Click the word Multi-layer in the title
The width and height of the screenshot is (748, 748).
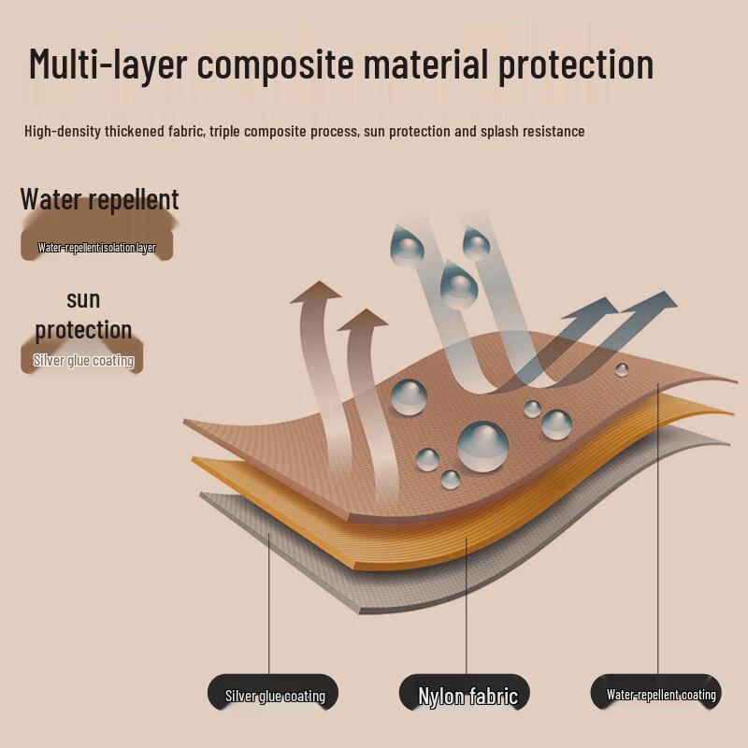pyautogui.click(x=108, y=64)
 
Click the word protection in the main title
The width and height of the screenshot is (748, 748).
pyautogui.click(x=576, y=65)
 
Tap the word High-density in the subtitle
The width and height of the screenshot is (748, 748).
pyautogui.click(x=63, y=131)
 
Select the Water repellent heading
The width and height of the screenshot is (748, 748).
pyautogui.click(x=99, y=199)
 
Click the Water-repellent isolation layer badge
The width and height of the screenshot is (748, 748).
pyautogui.click(x=97, y=247)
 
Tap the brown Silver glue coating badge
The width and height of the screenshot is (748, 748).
pyautogui.click(x=82, y=359)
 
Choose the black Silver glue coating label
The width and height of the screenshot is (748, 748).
pyautogui.click(x=273, y=693)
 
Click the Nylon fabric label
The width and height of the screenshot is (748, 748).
pyautogui.click(x=465, y=693)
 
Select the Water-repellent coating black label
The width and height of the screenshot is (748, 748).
pyautogui.click(x=656, y=693)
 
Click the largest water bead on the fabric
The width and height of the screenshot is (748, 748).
pyautogui.click(x=482, y=447)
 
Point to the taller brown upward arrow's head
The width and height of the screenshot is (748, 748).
pyautogui.click(x=316, y=292)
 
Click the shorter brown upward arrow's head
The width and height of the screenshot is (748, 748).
pyautogui.click(x=363, y=320)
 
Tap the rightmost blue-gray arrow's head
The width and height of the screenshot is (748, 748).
pyautogui.click(x=658, y=300)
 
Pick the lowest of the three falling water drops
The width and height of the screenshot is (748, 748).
pyautogui.click(x=458, y=284)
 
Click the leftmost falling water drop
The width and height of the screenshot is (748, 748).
pyautogui.click(x=407, y=243)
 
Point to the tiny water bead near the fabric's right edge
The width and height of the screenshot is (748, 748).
pyautogui.click(x=622, y=369)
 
